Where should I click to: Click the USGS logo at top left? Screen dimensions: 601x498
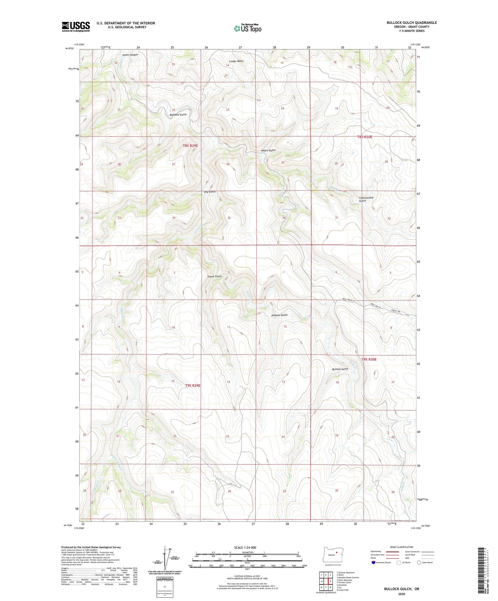76,27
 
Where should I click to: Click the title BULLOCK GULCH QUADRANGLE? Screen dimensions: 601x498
411,23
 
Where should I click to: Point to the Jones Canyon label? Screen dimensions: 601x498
130,55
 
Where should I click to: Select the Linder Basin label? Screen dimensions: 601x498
236,61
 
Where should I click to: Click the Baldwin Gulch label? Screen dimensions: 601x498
178,114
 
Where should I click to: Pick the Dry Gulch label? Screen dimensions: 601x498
210,192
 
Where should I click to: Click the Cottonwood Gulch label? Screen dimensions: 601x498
366,199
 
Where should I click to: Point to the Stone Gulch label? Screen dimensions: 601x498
214,276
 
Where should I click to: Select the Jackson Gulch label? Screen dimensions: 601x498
279,315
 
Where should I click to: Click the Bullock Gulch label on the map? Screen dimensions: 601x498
340,369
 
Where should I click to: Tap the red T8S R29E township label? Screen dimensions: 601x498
190,146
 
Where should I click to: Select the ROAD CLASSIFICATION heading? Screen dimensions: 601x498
401,547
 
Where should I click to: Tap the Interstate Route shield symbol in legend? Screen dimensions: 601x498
373,563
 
